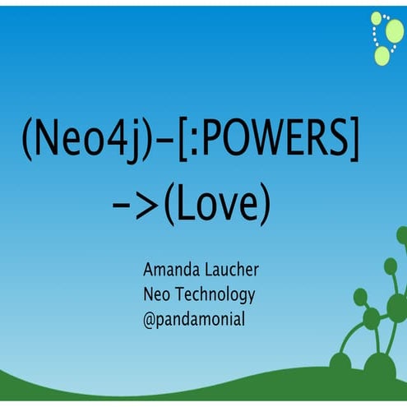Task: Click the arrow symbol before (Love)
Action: (136, 206)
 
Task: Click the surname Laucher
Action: (235, 271)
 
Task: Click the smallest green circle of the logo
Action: (376, 17)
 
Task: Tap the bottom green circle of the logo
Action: (382, 55)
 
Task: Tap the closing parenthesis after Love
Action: (264, 206)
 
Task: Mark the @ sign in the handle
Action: (150, 317)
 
